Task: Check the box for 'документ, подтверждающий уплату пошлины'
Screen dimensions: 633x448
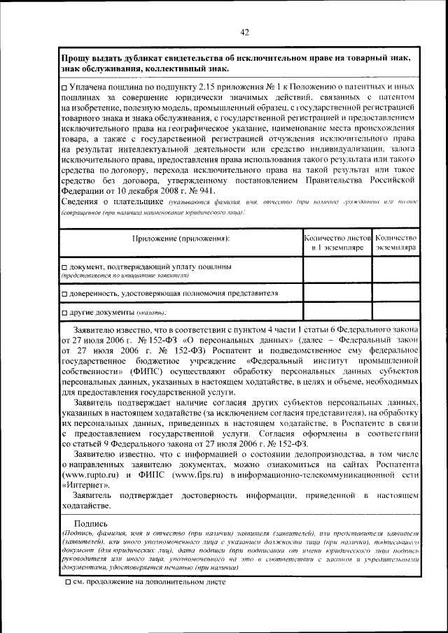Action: [x=64, y=267]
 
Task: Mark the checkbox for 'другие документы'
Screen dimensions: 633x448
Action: [x=64, y=311]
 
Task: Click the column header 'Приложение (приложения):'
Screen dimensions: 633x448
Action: [x=181, y=239]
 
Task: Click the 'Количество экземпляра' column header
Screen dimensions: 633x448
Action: [x=395, y=243]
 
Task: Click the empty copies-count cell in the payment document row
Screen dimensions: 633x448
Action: [x=395, y=271]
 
